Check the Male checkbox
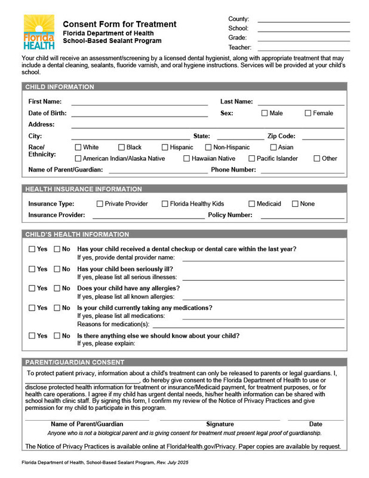click(265, 113)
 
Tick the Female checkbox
click(308, 113)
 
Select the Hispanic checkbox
click(165, 147)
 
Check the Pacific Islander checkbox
click(252, 158)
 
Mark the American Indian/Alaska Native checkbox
click(78, 158)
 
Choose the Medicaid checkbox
click(252, 204)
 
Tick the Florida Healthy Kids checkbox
click(165, 204)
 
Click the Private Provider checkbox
click(100, 204)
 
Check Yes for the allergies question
click(32, 288)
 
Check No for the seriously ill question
click(57, 269)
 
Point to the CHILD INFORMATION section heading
click(60, 87)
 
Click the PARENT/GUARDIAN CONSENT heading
click(75, 362)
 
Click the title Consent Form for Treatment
click(119, 24)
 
